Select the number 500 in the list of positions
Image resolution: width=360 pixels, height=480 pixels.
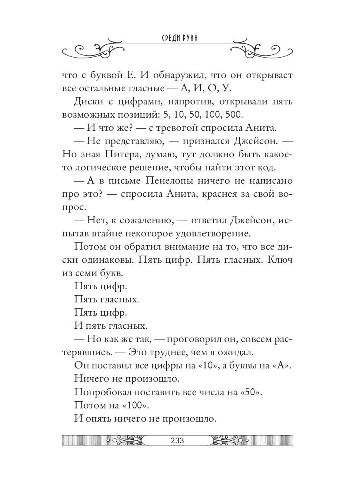click(233, 115)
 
